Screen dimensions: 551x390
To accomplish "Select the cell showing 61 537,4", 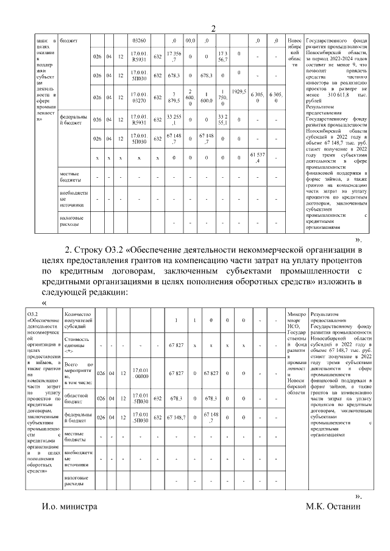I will click(x=258, y=160).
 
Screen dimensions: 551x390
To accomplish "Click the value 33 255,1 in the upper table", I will click(x=172, y=119).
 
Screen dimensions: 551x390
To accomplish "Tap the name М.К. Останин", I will click(x=334, y=507).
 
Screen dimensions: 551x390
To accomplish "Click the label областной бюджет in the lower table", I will click(x=77, y=399).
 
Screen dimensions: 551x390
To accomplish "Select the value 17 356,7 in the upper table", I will click(x=172, y=56).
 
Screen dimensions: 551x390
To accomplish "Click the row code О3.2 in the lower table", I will click(x=33, y=314).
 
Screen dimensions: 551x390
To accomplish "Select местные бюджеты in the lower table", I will click(x=77, y=436).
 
